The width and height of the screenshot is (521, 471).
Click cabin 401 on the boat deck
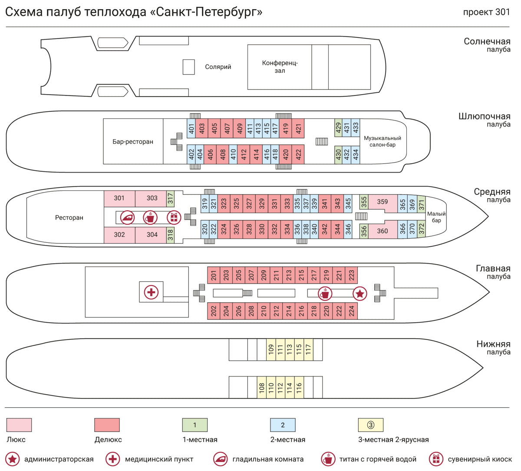(191, 128)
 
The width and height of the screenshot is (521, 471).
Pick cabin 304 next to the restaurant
(152, 235)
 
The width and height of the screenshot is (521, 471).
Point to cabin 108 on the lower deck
(262, 387)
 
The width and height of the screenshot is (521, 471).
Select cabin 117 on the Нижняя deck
(308, 350)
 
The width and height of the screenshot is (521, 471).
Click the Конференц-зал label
(280, 67)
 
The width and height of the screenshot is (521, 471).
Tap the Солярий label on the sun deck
(218, 67)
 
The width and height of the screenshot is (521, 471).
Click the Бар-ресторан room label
(133, 142)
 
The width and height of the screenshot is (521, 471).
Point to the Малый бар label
(436, 217)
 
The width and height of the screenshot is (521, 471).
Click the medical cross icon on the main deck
(151, 292)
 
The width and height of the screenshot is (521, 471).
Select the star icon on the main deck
(359, 294)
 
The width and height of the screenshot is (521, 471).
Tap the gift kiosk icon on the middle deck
(174, 217)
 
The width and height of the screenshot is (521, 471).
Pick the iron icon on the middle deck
(128, 217)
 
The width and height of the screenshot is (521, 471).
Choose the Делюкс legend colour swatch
(107, 425)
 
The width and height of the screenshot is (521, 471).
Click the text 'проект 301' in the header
(486, 12)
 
